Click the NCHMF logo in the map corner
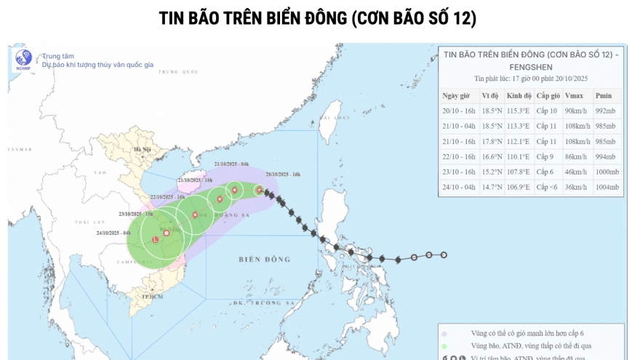click(x=23, y=60)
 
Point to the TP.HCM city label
click(x=151, y=297)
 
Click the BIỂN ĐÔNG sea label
click(x=264, y=259)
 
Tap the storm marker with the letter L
click(x=155, y=239)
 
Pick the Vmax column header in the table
click(x=573, y=96)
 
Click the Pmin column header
click(x=604, y=96)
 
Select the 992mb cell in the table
click(x=605, y=111)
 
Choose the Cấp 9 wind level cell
click(x=548, y=156)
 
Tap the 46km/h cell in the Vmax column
click(x=576, y=172)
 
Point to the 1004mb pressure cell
click(x=607, y=187)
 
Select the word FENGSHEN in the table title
click(x=532, y=66)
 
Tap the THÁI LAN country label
click(x=89, y=222)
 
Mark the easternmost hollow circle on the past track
click(x=444, y=255)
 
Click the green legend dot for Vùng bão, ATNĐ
click(x=444, y=345)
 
